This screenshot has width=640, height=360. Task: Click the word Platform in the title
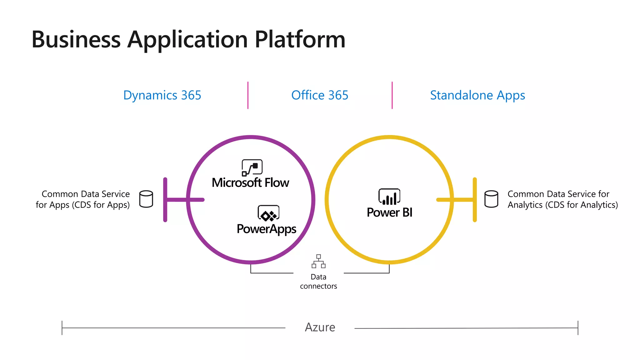(x=300, y=40)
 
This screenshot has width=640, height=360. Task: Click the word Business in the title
(x=76, y=40)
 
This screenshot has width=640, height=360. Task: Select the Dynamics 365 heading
(x=162, y=95)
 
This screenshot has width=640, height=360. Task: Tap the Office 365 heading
(x=320, y=95)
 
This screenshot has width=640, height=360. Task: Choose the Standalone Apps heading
(x=477, y=95)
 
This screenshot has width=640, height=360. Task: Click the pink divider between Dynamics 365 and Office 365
(x=248, y=95)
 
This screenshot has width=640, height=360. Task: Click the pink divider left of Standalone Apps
(x=392, y=95)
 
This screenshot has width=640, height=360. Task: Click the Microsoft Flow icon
(x=252, y=167)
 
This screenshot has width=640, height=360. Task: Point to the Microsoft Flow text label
(x=250, y=183)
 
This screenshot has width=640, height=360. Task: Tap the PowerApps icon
(x=268, y=213)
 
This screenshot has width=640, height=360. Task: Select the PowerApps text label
(x=266, y=229)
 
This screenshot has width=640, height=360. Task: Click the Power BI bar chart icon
(x=389, y=197)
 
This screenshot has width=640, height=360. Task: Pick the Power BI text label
(x=389, y=212)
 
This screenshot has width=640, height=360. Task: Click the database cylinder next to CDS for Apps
(x=146, y=199)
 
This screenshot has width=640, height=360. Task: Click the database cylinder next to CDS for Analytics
(x=491, y=199)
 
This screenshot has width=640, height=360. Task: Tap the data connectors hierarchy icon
(x=318, y=261)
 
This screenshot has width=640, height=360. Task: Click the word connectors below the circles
(x=318, y=286)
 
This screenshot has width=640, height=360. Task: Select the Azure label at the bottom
(x=320, y=327)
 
